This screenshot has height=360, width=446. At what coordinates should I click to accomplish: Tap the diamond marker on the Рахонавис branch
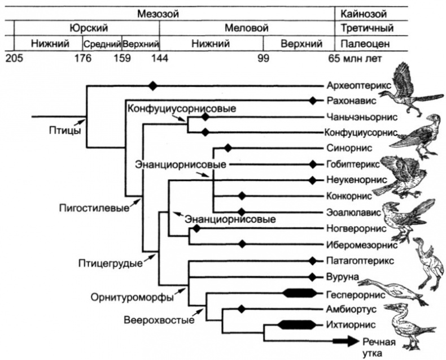pyautogui.click(x=312, y=101)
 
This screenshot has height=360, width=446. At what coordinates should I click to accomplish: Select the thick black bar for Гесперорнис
pyautogui.click(x=300, y=293)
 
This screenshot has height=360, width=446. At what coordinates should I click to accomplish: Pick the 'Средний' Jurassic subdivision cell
pyautogui.click(x=102, y=43)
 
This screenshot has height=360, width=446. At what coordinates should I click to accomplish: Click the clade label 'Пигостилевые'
pyautogui.click(x=91, y=207)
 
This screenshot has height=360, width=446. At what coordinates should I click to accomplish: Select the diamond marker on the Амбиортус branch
pyautogui.click(x=242, y=309)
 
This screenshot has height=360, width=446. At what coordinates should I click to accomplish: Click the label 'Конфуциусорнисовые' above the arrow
pyautogui.click(x=181, y=108)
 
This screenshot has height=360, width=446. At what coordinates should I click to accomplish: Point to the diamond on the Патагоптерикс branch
pyautogui.click(x=312, y=261)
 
